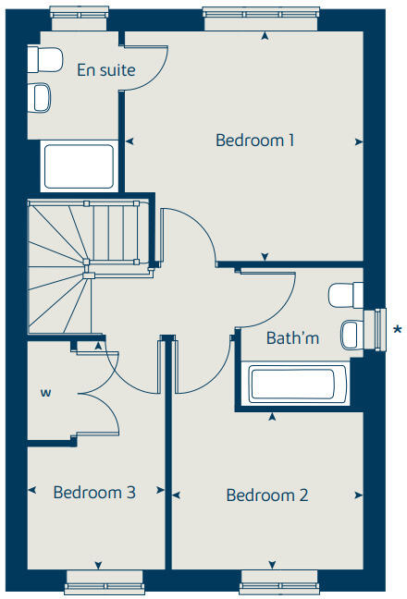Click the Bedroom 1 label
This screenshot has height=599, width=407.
[254, 141]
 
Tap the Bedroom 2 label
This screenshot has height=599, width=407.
[267, 495]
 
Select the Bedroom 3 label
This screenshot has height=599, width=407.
[94, 493]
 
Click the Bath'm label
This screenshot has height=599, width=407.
[292, 338]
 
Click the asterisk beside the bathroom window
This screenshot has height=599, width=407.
[398, 329]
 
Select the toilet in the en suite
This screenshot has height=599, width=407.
[42, 60]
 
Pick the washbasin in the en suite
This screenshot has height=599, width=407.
[41, 96]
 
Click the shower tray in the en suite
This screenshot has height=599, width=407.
[79, 166]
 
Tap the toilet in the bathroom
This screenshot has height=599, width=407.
[344, 295]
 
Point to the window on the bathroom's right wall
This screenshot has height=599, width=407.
[378, 330]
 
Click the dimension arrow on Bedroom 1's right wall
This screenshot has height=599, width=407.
[359, 141]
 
